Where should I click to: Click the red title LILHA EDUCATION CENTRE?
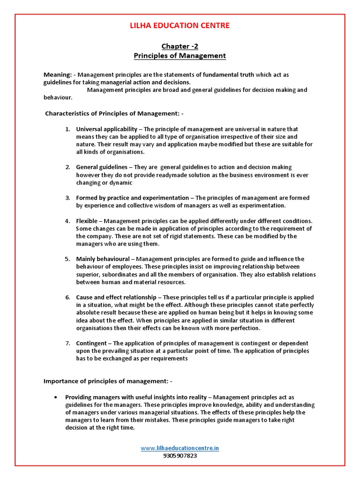(x=180, y=25)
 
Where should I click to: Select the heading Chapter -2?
(x=180, y=46)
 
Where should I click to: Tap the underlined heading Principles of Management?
(x=180, y=56)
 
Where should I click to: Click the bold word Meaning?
(x=58, y=75)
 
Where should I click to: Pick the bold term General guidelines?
(x=102, y=167)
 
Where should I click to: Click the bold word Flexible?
(x=87, y=221)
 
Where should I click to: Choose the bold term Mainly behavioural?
(x=103, y=259)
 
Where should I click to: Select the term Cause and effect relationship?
(x=117, y=297)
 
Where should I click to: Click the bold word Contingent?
(x=91, y=343)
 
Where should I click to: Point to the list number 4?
(x=67, y=221)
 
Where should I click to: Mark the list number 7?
(x=67, y=343)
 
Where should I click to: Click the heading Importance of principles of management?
(x=107, y=381)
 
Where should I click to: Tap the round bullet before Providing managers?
(x=56, y=397)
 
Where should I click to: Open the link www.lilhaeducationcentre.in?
(x=180, y=448)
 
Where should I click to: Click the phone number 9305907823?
(x=180, y=456)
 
